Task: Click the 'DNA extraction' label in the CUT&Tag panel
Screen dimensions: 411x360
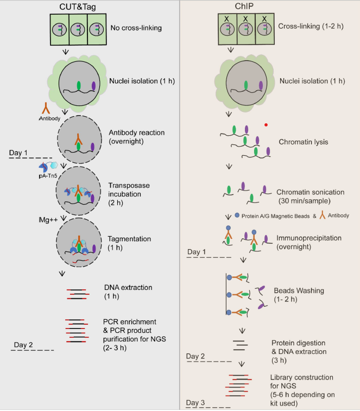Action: (128, 287)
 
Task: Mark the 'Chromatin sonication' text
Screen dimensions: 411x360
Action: (311, 191)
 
